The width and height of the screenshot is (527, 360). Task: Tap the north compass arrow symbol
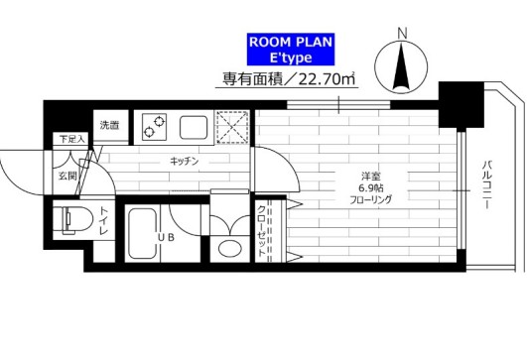(401, 67)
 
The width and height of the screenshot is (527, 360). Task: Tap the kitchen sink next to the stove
(192, 126)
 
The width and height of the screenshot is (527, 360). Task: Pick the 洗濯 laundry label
(109, 126)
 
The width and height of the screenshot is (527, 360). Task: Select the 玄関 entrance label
(66, 176)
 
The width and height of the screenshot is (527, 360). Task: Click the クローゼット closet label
(262, 232)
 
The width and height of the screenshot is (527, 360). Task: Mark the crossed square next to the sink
(231, 126)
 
